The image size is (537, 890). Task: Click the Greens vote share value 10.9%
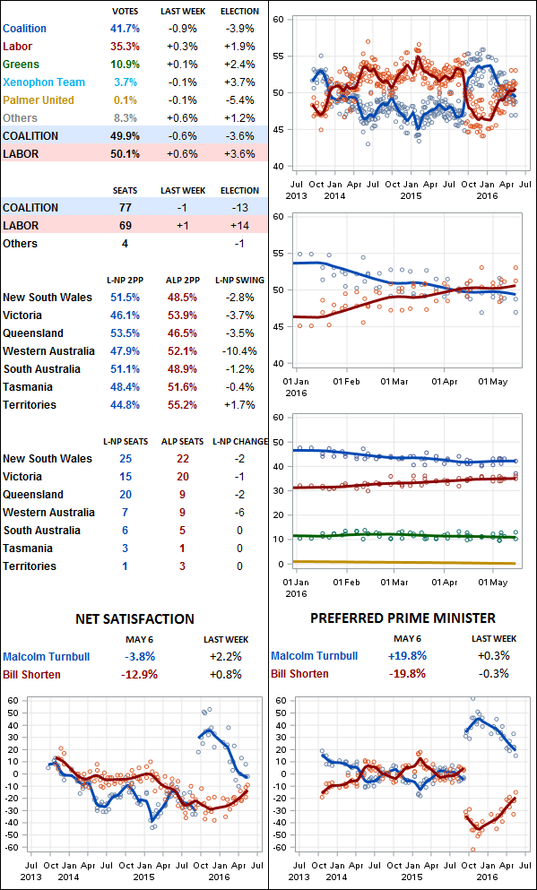click(125, 65)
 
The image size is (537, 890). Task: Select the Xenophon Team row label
click(44, 82)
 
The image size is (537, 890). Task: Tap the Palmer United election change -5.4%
click(239, 100)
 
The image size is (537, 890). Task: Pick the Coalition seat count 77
click(125, 208)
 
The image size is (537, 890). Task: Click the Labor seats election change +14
click(239, 226)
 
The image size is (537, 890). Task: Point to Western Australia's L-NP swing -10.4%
click(238, 351)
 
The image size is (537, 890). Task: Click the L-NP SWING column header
click(238, 280)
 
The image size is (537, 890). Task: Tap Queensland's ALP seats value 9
click(183, 495)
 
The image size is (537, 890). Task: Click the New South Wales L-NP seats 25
click(125, 459)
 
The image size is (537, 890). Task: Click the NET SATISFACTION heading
click(134, 618)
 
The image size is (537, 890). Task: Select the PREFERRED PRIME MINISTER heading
click(403, 618)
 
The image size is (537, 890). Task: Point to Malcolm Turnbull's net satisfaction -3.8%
click(139, 656)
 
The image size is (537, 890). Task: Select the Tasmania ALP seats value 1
click(183, 549)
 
